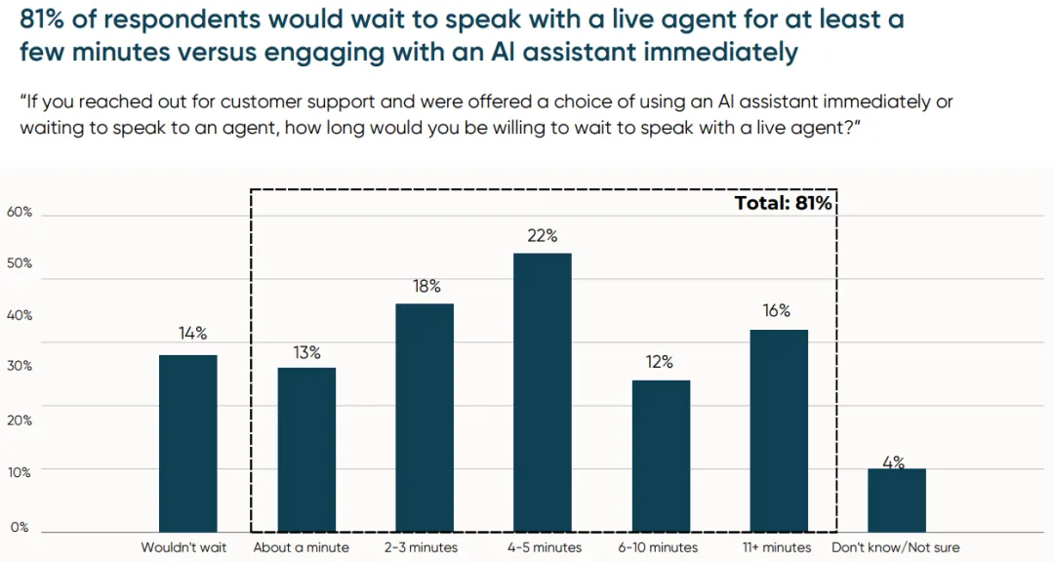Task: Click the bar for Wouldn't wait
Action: point(188,443)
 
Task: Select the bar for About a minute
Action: point(306,450)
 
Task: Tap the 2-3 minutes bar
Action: point(425,418)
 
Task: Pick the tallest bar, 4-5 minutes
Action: point(543,392)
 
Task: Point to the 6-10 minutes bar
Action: point(661,456)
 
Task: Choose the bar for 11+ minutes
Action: point(779,430)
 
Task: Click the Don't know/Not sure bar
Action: point(897,501)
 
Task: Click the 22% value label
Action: point(543,235)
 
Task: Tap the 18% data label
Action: point(426,286)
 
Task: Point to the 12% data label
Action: point(660,362)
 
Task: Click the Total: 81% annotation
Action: point(783,203)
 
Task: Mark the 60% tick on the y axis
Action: point(20,212)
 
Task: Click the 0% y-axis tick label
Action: point(20,527)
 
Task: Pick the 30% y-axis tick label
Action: point(20,366)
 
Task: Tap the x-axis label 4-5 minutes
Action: point(543,547)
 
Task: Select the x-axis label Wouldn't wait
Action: point(183,547)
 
